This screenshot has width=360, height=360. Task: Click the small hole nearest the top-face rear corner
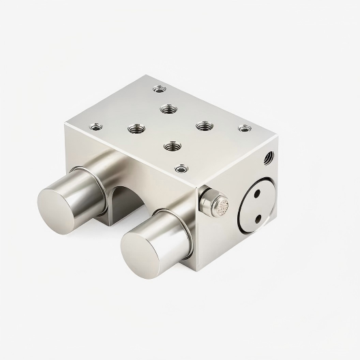160,88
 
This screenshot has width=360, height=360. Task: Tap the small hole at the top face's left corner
96,125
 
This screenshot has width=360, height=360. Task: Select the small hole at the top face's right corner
243,128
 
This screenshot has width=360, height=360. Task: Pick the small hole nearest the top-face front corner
181,168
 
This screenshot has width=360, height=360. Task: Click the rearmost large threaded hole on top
168,108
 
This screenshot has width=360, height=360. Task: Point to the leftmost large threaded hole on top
135,127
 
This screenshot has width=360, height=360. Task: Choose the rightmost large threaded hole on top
204,126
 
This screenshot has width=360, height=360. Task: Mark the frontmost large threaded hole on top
170,145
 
